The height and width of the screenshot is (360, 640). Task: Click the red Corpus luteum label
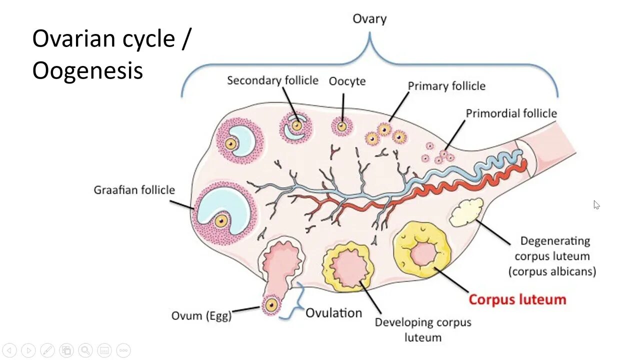[517, 299]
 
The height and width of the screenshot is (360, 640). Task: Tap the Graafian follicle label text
[134, 190]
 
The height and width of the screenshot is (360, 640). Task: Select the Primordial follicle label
[511, 113]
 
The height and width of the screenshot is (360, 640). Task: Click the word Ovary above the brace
[369, 19]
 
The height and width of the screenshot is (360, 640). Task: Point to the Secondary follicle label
[272, 80]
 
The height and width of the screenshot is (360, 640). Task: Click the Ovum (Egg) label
[201, 315]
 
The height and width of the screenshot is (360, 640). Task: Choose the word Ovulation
[333, 313]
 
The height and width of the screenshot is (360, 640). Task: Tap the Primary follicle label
[446, 86]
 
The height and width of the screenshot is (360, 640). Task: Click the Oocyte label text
[347, 81]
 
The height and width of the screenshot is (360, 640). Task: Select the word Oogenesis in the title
[87, 70]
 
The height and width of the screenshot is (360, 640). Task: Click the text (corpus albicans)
[552, 271]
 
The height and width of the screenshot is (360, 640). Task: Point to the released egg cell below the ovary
[271, 304]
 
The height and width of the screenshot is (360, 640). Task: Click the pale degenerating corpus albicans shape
[466, 212]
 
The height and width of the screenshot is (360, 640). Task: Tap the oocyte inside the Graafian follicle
[221, 220]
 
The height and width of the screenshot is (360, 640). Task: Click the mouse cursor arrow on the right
[596, 204]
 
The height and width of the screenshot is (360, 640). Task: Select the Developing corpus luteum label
[423, 329]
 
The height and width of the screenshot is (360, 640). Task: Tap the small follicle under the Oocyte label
[342, 126]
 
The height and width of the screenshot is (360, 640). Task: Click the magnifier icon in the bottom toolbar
[85, 350]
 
